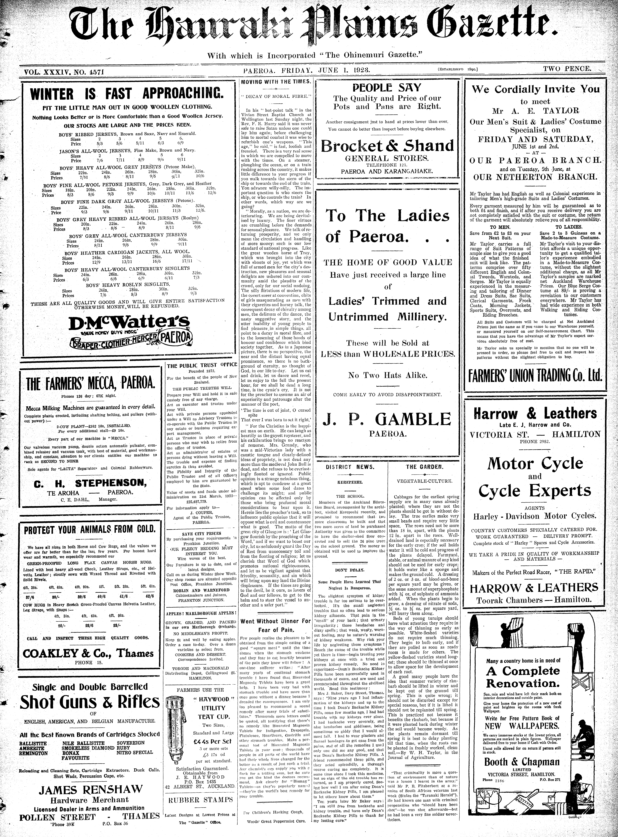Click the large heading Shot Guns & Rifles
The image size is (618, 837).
pyautogui.click(x=90, y=702)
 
